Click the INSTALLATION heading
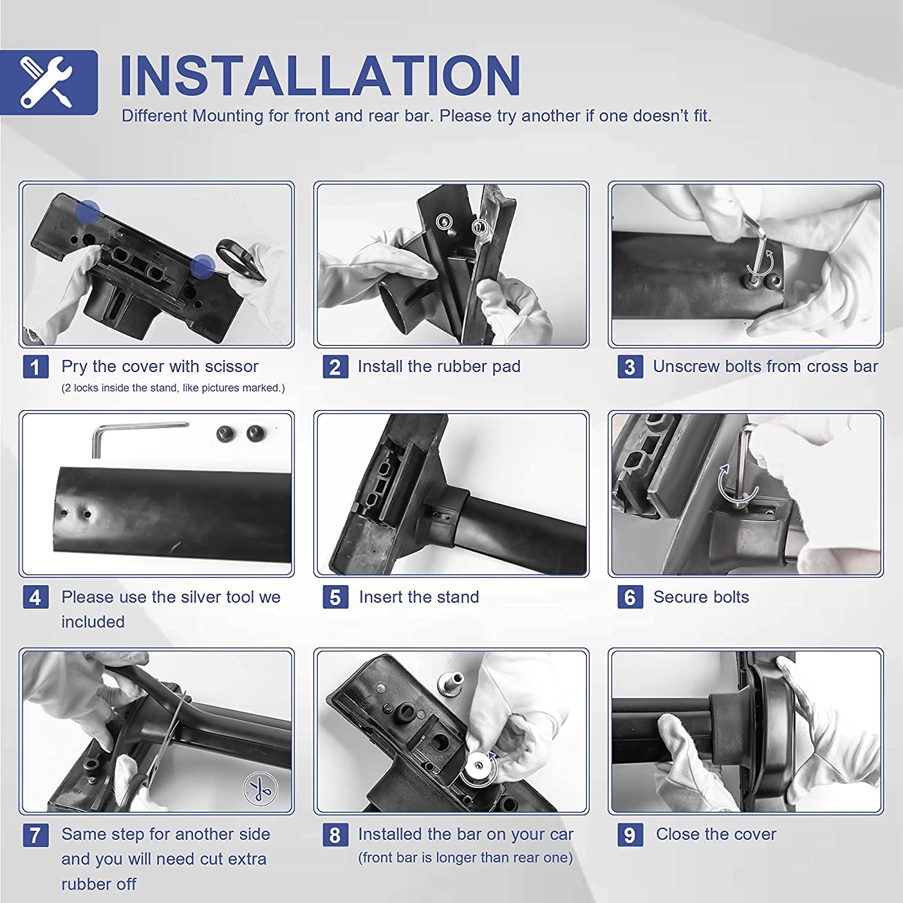coord(320,76)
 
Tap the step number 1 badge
coord(36,367)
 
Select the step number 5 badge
coord(335,597)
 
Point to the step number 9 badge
coord(630,835)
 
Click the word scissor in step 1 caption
coord(231,367)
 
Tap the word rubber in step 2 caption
coord(447,367)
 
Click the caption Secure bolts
coord(701,597)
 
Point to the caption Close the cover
coord(716,834)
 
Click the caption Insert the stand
coord(419,597)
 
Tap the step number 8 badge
coord(335,835)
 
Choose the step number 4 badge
coord(36,597)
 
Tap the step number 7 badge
coord(36,835)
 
